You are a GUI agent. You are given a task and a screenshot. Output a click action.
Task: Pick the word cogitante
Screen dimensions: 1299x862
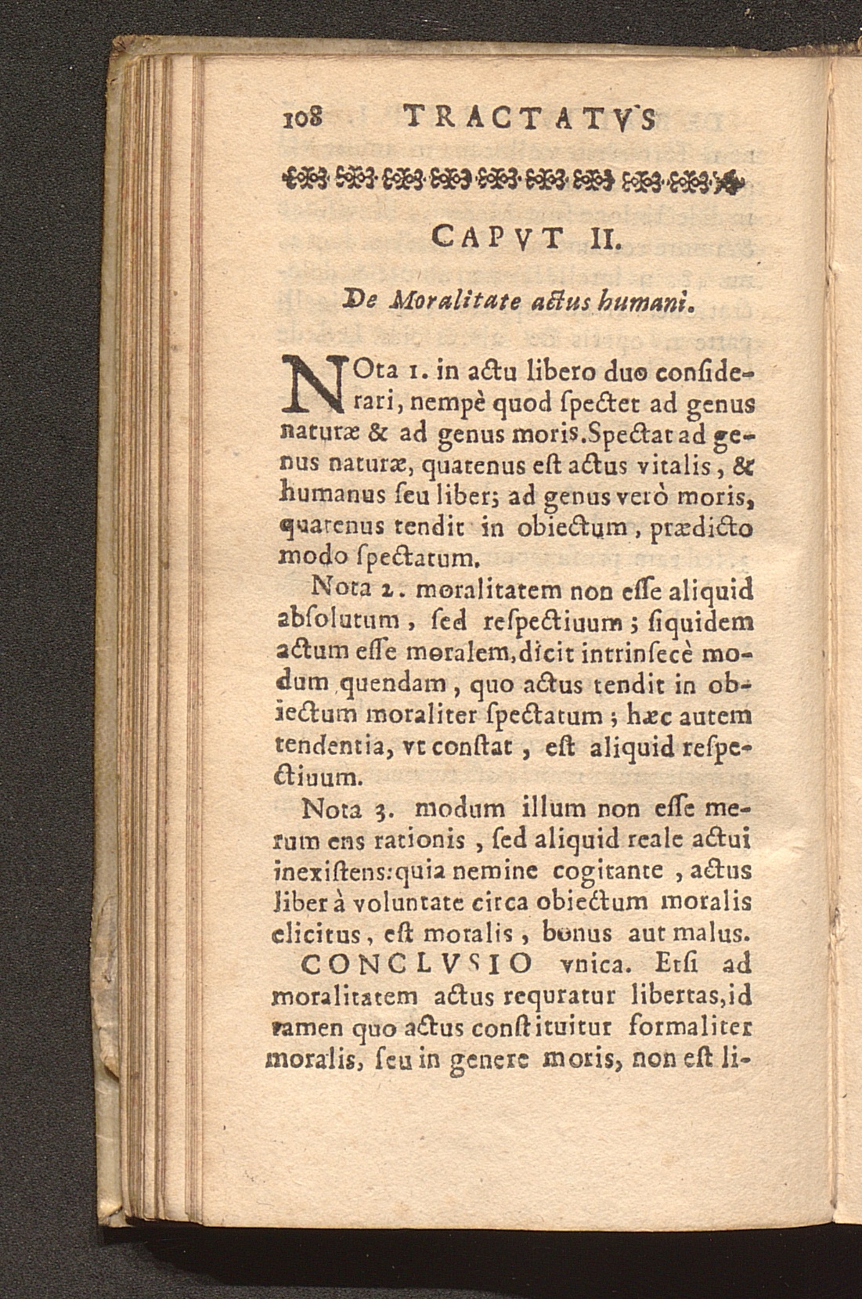[608, 869]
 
